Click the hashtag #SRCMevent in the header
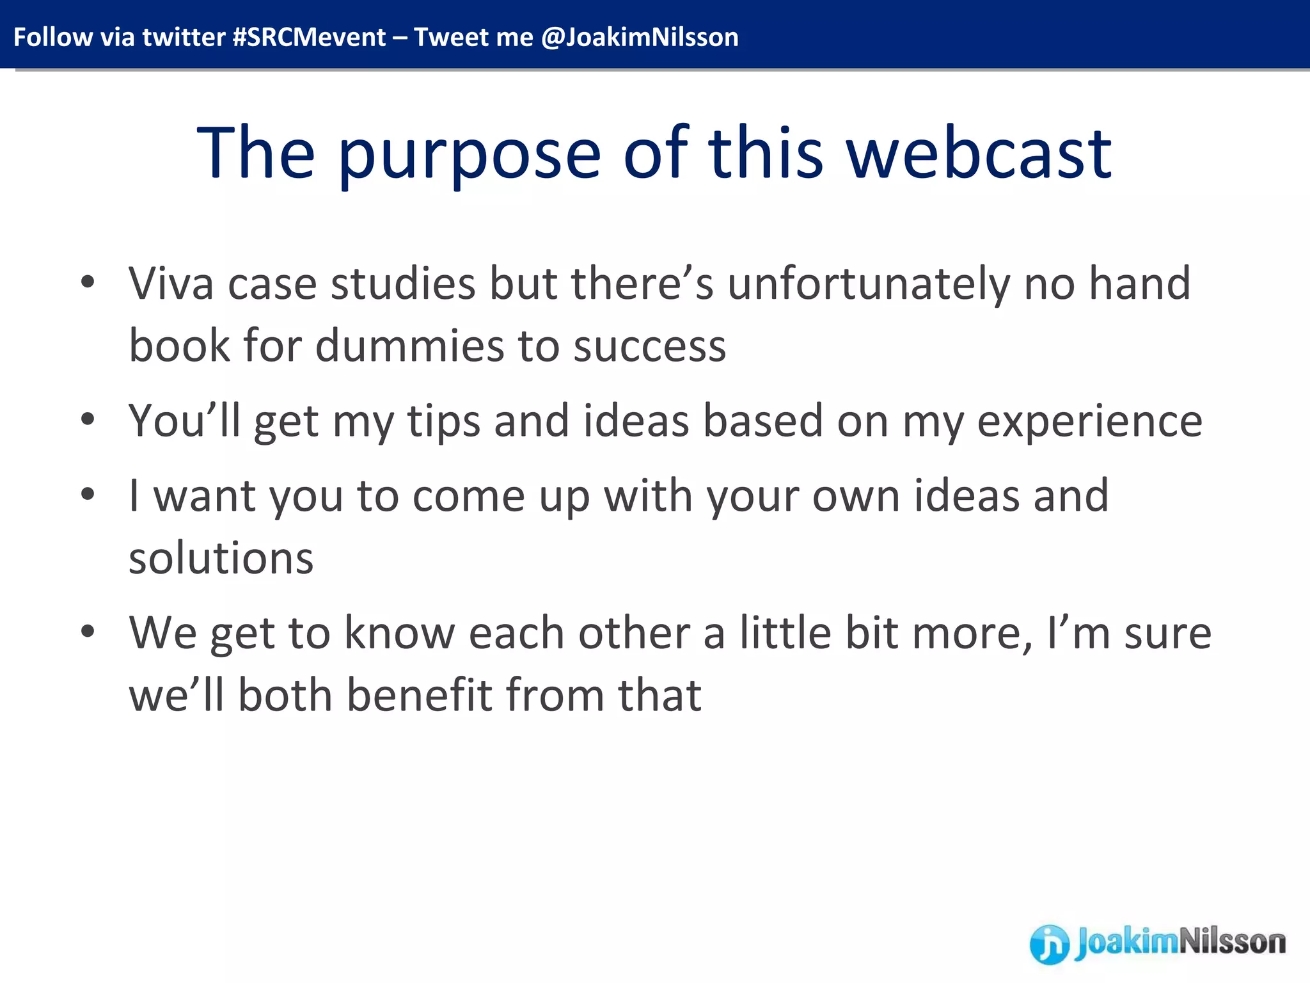(309, 37)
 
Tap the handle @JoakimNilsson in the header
(640, 37)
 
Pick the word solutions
(221, 558)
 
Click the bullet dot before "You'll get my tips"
(88, 420)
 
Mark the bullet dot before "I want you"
(88, 494)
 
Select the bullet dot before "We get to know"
(88, 632)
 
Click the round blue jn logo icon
(1049, 944)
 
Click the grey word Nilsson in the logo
(1231, 942)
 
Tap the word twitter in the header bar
(184, 37)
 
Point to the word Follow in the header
(52, 37)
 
